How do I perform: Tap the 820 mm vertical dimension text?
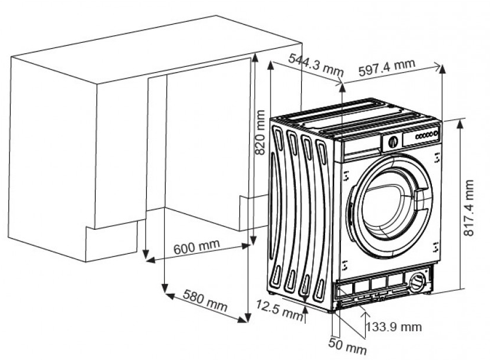[261, 131]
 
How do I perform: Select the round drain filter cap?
[418, 281]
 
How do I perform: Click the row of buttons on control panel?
[424, 135]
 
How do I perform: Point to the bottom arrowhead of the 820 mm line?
[254, 240]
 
